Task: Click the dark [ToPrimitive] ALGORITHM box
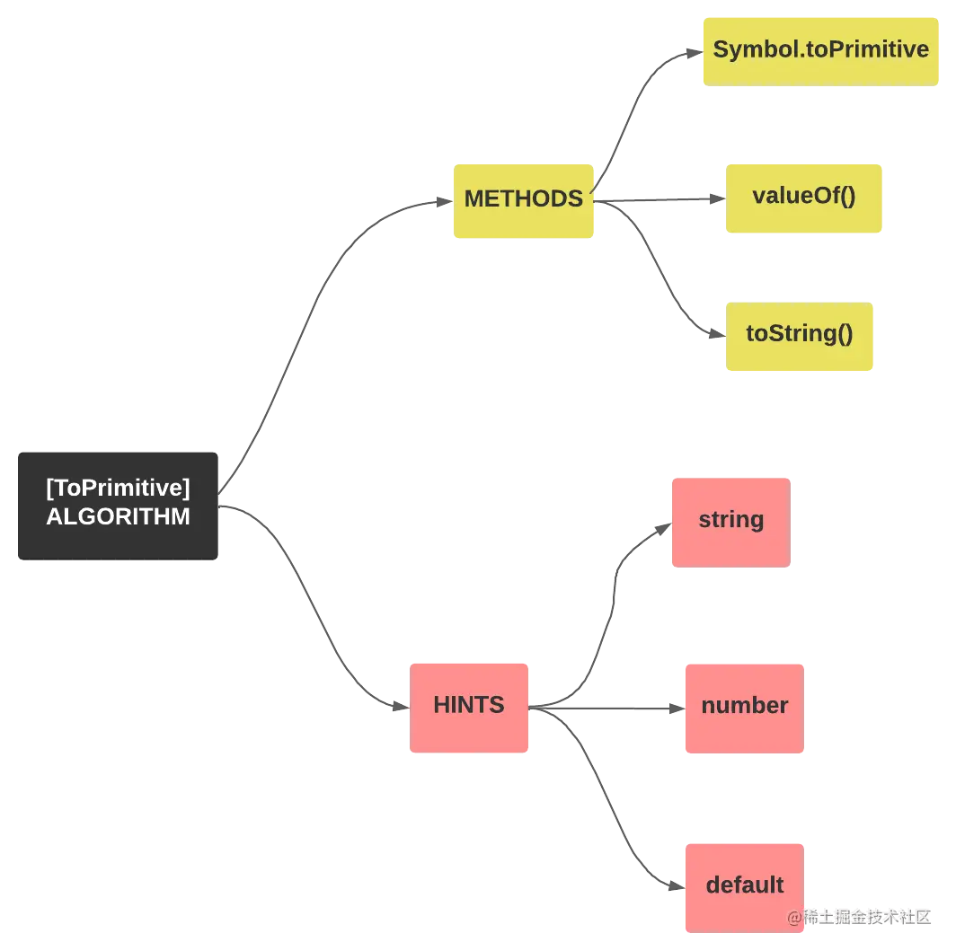pyautogui.click(x=118, y=503)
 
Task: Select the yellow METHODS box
pyautogui.click(x=524, y=200)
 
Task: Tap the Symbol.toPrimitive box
pyautogui.click(x=819, y=49)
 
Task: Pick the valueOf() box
pyautogui.click(x=804, y=197)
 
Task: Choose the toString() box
pyautogui.click(x=800, y=335)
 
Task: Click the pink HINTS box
pyautogui.click(x=470, y=707)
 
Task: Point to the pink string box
pyautogui.click(x=730, y=521)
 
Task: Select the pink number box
pyautogui.click(x=743, y=707)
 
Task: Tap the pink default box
pyautogui.click(x=743, y=886)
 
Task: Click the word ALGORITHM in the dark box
pyautogui.click(x=118, y=517)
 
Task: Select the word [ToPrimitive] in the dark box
pyautogui.click(x=118, y=489)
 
